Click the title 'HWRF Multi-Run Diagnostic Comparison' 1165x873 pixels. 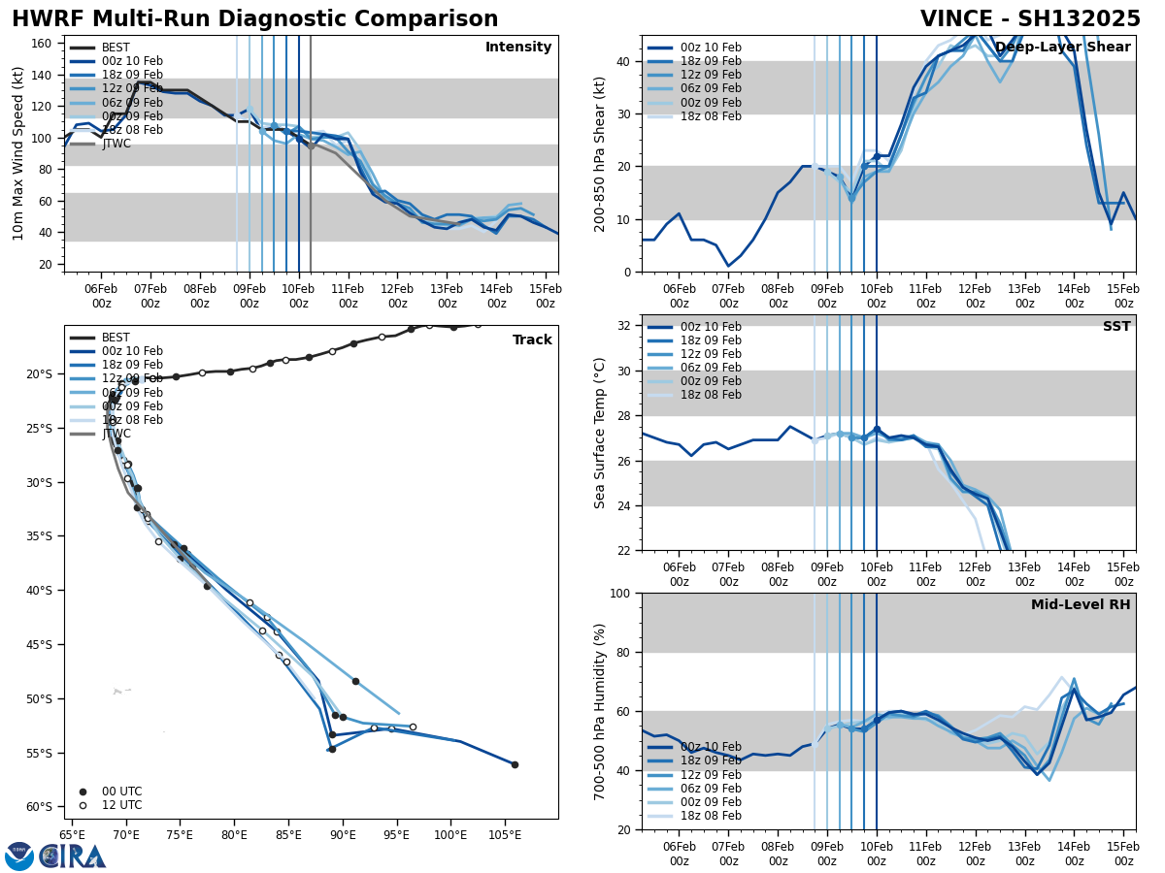coord(254,19)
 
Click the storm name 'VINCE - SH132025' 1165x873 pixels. coord(1030,19)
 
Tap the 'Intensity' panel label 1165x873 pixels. coord(518,48)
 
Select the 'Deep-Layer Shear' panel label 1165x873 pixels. coord(1063,48)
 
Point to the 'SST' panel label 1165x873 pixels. coord(1116,327)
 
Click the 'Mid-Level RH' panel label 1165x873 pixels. coord(1081,605)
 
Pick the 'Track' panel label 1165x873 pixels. coord(532,340)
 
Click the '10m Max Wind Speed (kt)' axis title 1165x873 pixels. coord(18,153)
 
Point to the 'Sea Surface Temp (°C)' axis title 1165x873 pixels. coord(600,433)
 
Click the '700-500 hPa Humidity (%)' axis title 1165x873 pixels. coord(600,711)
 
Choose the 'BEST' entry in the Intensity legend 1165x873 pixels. coord(116,48)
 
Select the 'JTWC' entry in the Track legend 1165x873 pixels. coord(116,434)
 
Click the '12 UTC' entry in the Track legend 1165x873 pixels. coord(121,805)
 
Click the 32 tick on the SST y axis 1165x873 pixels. coord(625,326)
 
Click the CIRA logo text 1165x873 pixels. coord(72,857)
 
